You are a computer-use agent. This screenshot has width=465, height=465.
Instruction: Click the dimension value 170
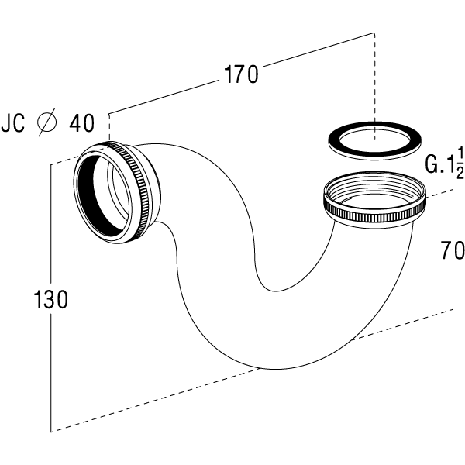tap(241, 74)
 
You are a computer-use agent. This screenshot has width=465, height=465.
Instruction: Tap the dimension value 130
tap(50, 299)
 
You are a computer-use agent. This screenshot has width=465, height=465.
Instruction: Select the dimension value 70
tap(453, 250)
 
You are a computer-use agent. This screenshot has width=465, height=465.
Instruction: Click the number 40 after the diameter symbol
tap(81, 122)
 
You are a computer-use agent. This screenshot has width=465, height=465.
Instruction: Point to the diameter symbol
tap(46, 122)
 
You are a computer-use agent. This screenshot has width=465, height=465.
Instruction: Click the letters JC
tap(13, 122)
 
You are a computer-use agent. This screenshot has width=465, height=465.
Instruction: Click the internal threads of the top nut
tap(374, 186)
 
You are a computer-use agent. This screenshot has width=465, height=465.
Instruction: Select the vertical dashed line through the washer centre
tap(374, 86)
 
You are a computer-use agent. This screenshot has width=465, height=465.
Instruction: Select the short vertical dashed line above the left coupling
tap(110, 128)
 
